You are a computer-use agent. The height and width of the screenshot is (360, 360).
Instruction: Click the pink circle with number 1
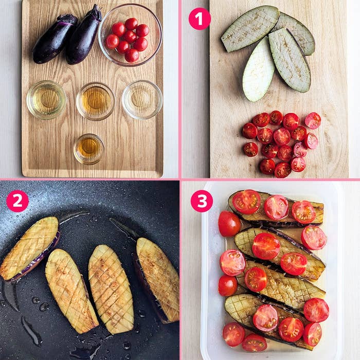[200, 19]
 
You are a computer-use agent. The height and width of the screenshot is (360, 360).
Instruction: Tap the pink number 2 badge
[17, 201]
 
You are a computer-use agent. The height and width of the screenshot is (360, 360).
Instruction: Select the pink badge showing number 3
[202, 201]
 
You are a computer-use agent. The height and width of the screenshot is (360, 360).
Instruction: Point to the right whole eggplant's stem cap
[96, 13]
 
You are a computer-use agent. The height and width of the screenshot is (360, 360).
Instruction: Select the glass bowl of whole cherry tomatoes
[130, 35]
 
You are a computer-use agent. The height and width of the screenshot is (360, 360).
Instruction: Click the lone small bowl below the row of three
[89, 149]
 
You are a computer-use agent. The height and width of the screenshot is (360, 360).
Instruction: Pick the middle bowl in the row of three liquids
[96, 101]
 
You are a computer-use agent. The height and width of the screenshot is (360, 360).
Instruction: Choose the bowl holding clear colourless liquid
[142, 100]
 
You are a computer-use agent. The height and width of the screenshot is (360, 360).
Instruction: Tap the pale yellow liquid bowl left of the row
[46, 100]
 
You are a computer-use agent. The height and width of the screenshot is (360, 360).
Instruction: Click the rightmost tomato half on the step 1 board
[313, 120]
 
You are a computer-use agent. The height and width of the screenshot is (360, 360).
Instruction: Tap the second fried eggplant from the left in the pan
[71, 291]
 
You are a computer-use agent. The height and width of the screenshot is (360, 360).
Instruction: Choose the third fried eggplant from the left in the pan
[111, 289]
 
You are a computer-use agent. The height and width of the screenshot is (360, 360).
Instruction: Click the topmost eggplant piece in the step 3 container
[276, 209]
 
